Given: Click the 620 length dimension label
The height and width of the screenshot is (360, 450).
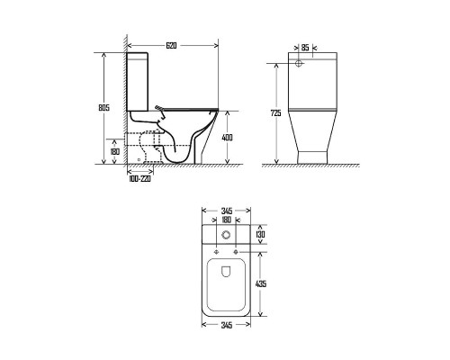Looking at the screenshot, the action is (171, 46).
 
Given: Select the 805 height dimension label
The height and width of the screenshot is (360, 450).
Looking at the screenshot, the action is (104, 108).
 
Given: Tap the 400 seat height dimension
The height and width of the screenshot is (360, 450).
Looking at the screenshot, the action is (227, 138).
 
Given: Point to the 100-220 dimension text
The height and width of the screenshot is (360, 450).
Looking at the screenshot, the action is (139, 179).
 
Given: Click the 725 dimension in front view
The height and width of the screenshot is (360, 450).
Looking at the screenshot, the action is (276, 113).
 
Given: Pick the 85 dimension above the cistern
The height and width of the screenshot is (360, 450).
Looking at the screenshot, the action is (305, 48).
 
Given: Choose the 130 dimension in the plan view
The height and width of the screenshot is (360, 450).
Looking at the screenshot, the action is (260, 234).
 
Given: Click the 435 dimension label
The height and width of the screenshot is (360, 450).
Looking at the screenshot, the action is (260, 283).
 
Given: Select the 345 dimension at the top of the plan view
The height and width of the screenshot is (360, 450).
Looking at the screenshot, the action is (227, 211).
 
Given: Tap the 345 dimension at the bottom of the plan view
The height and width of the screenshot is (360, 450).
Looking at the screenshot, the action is (227, 325).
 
